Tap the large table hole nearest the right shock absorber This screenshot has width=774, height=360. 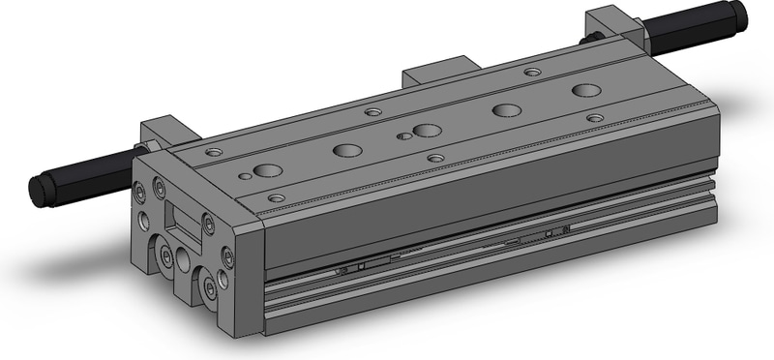(x=585, y=91)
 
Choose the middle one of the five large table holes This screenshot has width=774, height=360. (x=427, y=131)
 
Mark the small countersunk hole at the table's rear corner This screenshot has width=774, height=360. (x=531, y=71)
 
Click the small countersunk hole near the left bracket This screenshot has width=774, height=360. (x=214, y=152)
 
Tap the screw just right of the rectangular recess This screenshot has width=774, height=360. (x=207, y=224)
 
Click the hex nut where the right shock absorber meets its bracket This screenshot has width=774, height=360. (x=587, y=39)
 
